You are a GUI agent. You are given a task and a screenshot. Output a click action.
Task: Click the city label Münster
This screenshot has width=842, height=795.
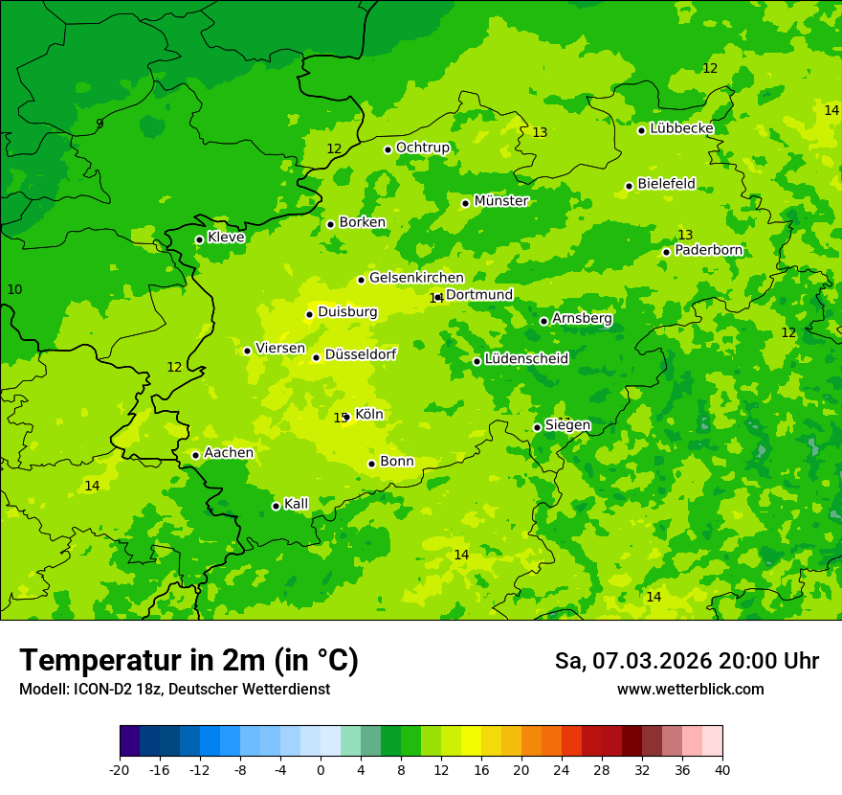coord(501,201)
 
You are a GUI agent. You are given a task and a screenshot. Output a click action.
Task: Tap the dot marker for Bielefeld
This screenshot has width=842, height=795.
coord(629,186)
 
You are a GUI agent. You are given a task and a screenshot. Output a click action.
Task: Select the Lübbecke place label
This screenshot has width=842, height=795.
coord(681,128)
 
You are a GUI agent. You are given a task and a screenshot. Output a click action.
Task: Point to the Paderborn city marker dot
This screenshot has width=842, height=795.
coord(666,252)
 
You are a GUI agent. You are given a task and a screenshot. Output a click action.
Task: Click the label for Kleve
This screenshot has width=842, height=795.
coord(226,238)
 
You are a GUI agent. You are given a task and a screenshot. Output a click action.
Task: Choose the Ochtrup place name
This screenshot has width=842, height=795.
coord(422,148)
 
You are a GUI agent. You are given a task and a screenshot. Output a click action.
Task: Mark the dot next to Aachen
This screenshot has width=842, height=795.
coord(195,455)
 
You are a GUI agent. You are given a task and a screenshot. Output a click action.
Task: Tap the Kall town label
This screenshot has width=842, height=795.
coord(297,504)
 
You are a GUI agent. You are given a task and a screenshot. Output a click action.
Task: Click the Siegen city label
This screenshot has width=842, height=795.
coord(567,425)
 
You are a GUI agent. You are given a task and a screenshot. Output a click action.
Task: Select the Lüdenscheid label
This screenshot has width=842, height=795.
coord(526,359)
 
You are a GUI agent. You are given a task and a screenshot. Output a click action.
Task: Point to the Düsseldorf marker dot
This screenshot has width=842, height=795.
coord(316,357)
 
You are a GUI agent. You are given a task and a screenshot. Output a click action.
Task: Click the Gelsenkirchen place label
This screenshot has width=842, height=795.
coord(416,278)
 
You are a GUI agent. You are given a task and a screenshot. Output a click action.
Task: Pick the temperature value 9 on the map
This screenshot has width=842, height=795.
coord(100,125)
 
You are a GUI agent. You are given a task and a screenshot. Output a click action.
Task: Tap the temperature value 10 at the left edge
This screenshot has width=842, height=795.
coord(14,289)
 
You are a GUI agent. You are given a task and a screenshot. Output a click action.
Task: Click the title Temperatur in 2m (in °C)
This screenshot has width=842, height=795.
coord(188,661)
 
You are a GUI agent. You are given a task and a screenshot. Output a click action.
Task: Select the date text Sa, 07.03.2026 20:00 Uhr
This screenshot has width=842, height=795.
coord(686,661)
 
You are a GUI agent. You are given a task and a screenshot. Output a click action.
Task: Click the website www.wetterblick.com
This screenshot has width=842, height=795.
coord(690,690)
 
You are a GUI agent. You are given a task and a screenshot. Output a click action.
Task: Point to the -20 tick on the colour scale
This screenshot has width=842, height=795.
coord(120,770)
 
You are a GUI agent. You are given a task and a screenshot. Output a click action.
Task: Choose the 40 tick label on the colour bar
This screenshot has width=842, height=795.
coord(721,770)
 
